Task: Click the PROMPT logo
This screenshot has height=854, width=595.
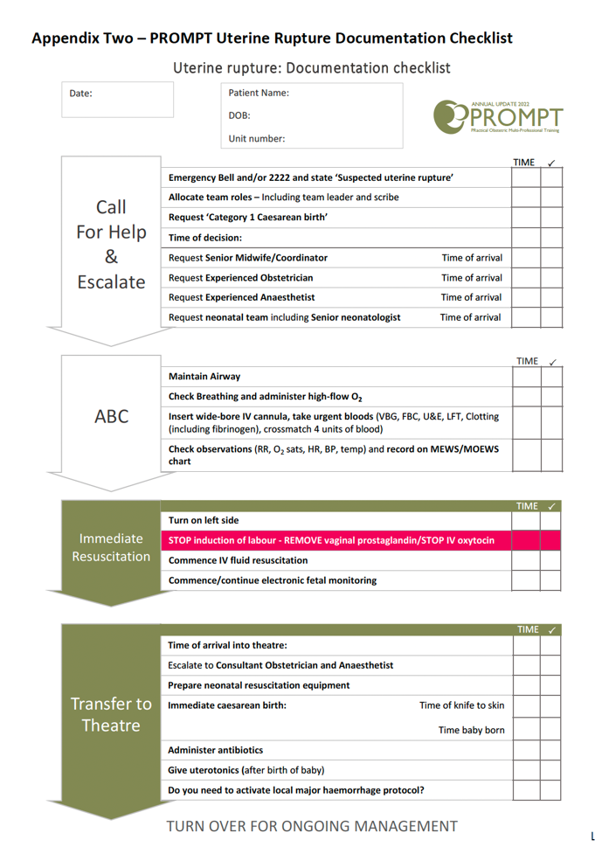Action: point(498,115)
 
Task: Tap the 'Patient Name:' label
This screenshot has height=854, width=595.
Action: point(259,93)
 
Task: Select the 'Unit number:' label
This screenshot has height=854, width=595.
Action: point(256,138)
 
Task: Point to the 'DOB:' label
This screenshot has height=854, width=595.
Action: point(239,115)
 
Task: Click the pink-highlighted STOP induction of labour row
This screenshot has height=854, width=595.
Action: point(331,540)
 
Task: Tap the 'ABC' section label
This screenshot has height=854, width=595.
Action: point(111,417)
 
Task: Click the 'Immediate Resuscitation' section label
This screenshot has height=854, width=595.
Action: point(111,548)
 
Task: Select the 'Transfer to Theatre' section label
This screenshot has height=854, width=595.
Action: point(111,714)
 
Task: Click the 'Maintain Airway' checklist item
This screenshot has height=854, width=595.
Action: point(204,377)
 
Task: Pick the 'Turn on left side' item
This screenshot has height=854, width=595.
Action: point(204,521)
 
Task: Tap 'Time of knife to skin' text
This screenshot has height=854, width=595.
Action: point(461,705)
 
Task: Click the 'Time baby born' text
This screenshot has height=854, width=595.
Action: point(471,730)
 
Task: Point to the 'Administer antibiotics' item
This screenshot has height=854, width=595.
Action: point(215,750)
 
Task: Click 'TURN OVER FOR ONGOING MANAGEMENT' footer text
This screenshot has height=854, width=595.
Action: point(311,826)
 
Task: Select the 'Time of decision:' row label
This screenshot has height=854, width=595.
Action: point(205,238)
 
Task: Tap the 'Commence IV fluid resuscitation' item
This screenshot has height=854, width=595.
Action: point(238,560)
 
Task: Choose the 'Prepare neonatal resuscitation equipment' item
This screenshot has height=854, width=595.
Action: point(259,685)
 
